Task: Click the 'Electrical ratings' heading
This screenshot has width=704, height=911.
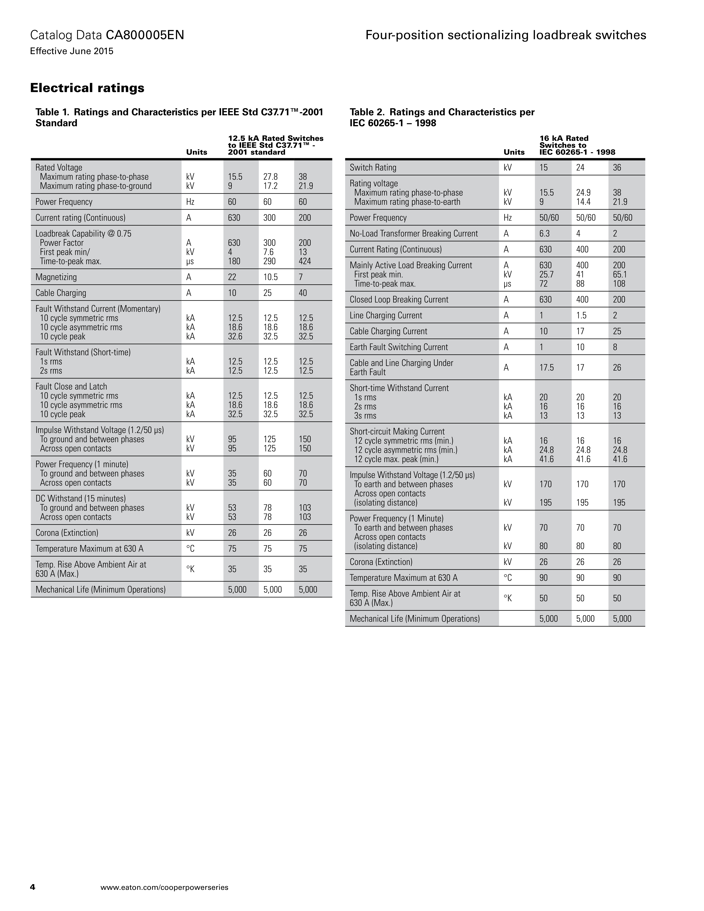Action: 87,88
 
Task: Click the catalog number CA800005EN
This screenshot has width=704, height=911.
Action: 145,35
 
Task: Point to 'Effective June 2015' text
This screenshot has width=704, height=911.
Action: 72,51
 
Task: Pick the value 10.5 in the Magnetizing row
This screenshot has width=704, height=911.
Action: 270,277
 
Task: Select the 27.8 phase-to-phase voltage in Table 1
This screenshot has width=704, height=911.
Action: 270,177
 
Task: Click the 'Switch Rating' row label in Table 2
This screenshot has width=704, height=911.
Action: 373,168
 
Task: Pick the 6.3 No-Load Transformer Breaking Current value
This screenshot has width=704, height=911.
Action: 544,234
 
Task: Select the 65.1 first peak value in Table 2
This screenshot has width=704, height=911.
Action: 620,274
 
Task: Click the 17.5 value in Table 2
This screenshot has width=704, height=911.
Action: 546,368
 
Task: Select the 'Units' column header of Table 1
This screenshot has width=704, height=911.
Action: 196,152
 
